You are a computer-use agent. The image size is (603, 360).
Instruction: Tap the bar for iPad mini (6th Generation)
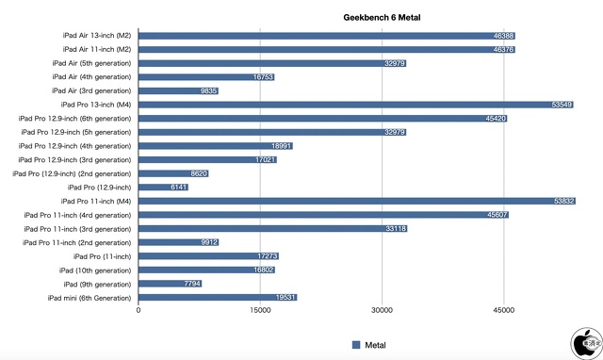click(218, 297)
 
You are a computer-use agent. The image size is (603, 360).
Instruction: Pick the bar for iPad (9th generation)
click(170, 283)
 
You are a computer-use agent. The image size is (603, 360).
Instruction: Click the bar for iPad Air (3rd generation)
click(178, 90)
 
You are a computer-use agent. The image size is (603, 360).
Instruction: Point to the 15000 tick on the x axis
click(260, 310)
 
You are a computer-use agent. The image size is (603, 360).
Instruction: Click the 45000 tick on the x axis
click(503, 310)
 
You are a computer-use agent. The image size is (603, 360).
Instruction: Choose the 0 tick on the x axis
click(139, 310)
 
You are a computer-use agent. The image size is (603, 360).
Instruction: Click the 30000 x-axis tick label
click(382, 310)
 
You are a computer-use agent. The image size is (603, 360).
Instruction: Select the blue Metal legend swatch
click(356, 345)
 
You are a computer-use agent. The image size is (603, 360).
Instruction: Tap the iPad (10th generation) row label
click(96, 270)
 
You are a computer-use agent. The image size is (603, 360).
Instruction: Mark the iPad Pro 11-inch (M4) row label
click(95, 201)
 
